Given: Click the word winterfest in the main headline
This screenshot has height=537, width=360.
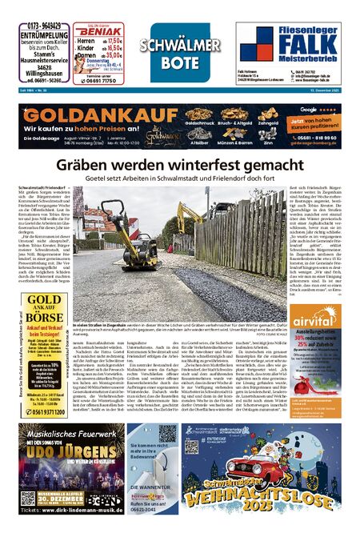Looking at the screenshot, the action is (x=214, y=164).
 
